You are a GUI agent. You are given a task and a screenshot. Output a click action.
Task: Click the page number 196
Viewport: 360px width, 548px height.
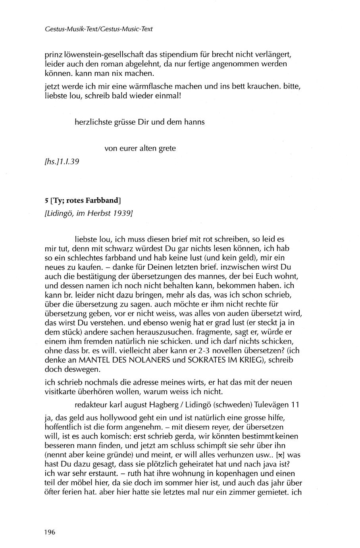[50, 532]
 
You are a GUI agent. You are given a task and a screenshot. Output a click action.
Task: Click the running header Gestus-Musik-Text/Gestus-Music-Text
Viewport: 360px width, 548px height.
[99, 29]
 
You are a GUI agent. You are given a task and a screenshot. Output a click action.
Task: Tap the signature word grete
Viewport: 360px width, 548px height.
[167, 149]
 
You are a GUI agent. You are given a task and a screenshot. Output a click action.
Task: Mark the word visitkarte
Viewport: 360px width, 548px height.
[60, 392]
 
